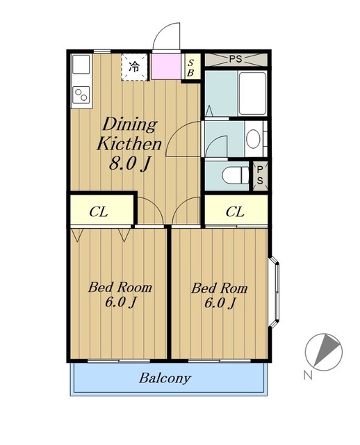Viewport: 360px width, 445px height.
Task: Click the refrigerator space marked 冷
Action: pos(134,67)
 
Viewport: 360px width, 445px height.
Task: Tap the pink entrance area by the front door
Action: pos(165,66)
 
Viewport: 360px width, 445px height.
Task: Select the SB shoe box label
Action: pos(190,68)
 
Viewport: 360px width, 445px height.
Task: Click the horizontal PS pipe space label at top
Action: pos(236,59)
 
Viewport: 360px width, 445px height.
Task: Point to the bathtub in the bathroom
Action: pos(252,93)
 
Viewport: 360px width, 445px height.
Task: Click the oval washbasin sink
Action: pos(253,139)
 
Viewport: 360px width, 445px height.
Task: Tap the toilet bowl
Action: pos(235,175)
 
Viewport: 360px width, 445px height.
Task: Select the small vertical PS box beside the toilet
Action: pos(260,175)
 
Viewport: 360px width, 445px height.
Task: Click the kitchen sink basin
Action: pos(81,64)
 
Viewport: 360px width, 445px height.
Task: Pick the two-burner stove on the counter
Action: pos(81,95)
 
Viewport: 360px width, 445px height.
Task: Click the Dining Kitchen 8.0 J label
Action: pos(129,144)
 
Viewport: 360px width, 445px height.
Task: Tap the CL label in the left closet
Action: pos(99,211)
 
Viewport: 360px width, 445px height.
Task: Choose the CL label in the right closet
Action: pos(235,211)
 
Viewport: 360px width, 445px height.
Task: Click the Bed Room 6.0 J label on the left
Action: pos(120,295)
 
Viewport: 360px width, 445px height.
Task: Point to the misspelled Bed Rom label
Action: pos(220,296)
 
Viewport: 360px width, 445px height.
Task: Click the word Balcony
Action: pos(165,378)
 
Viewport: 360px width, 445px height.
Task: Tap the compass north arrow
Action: pos(327,350)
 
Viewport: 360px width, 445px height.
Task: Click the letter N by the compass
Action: pos(308,375)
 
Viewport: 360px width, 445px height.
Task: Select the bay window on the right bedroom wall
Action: pos(274,292)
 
